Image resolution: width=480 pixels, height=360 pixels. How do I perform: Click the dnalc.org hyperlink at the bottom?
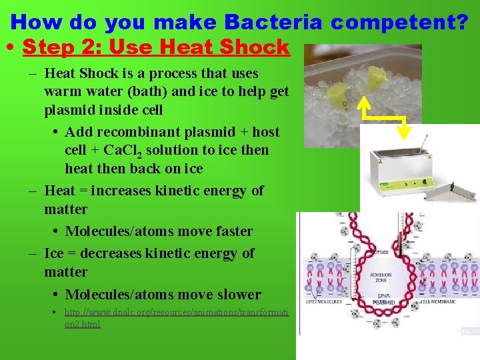pos(176,317)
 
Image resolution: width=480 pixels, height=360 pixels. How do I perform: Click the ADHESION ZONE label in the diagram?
pos(381,277)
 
